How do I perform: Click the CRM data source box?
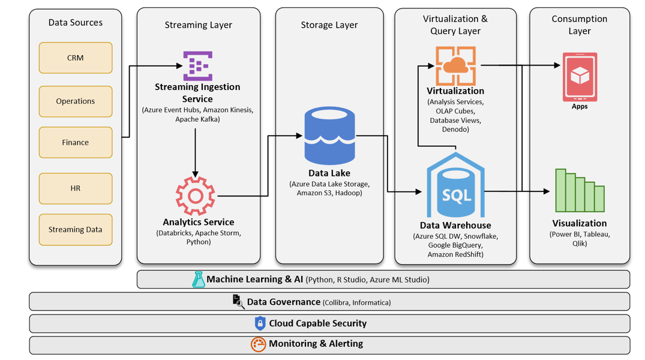[x=76, y=58]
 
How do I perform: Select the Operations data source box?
[x=76, y=101]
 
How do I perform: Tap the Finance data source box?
[x=76, y=142]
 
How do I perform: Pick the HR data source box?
[x=76, y=188]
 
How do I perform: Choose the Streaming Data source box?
[x=76, y=229]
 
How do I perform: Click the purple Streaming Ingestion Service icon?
[x=197, y=65]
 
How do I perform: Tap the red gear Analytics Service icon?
[x=195, y=196]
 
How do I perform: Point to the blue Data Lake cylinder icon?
[x=329, y=136]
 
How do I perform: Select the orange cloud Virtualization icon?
[x=455, y=66]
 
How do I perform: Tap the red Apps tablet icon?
[x=580, y=77]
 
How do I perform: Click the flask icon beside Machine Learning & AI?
[x=198, y=279]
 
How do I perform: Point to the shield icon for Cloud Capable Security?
[x=260, y=323]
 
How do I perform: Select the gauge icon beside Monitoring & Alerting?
[x=258, y=344]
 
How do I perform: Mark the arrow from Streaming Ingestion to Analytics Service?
[x=196, y=150]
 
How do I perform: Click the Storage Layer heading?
[x=329, y=25]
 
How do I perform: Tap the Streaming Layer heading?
[x=198, y=25]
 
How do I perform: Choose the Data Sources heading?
[x=76, y=23]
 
